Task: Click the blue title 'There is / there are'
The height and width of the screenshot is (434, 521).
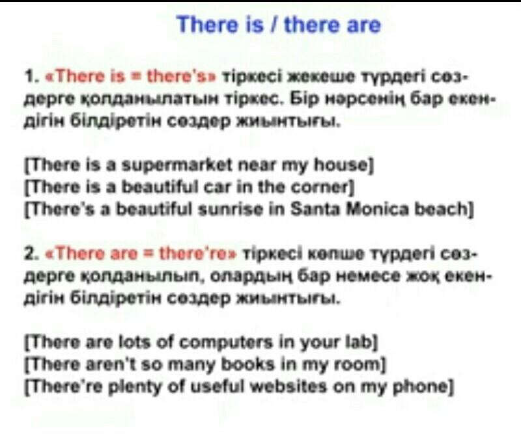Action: (279, 25)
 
